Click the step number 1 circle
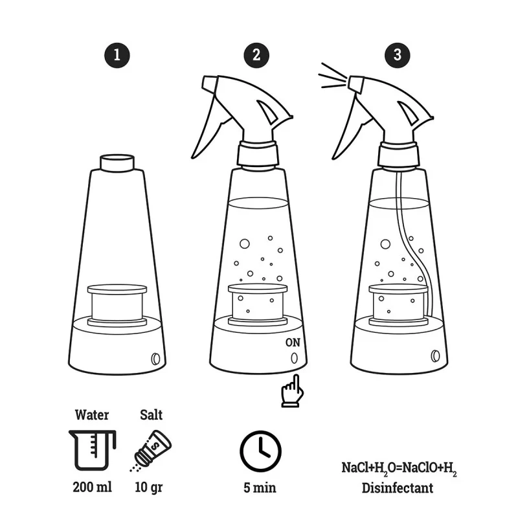(x=117, y=54)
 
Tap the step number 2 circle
(x=257, y=54)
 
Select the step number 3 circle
(x=398, y=54)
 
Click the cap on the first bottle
(x=117, y=162)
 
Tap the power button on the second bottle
(x=295, y=358)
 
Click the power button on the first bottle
(x=155, y=358)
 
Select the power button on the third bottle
(x=434, y=355)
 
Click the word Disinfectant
(x=398, y=488)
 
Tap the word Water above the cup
(x=91, y=414)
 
